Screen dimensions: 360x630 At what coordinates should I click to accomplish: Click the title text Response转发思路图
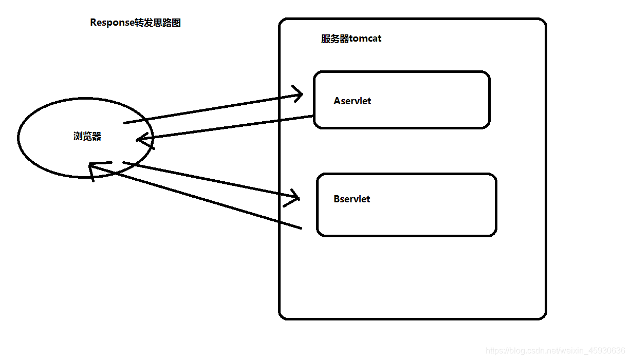[135, 23]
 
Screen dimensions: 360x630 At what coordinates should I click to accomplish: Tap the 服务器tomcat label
[351, 39]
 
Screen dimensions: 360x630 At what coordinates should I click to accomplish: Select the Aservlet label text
[352, 101]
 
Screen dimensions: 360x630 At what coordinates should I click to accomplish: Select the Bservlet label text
[351, 199]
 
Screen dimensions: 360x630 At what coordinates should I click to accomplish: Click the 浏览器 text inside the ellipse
[87, 136]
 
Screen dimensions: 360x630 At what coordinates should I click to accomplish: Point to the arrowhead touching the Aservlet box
[300, 93]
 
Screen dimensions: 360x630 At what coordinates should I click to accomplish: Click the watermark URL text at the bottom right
[555, 351]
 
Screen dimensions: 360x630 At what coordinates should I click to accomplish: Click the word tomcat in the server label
[365, 39]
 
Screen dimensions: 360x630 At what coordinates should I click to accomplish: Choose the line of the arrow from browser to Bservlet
[211, 181]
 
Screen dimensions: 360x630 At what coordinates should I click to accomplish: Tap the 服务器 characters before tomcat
[335, 39]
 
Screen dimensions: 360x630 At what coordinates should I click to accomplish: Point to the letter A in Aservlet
[337, 101]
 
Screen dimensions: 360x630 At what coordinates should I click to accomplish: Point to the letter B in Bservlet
[337, 199]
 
